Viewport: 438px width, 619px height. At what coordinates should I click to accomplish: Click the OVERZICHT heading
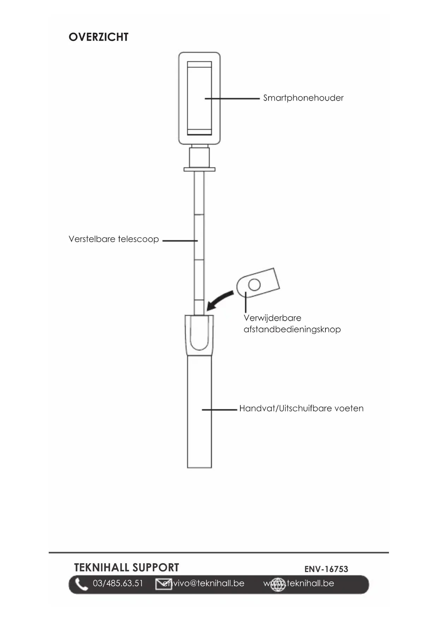point(98,37)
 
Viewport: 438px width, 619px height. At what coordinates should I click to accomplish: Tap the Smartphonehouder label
point(303,98)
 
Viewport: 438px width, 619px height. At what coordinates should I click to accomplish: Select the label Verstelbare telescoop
point(114,239)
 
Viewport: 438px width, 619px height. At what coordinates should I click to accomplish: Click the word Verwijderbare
point(272,318)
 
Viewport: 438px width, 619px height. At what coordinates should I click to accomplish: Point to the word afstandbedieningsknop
point(292,330)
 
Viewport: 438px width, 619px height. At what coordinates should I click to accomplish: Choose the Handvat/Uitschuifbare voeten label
point(301,408)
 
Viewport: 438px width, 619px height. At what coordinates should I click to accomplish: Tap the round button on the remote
point(254,284)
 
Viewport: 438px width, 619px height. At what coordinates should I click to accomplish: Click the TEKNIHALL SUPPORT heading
point(126,567)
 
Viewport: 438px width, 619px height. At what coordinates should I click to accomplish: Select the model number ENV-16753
point(326,569)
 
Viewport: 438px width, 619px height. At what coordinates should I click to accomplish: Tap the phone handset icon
point(81,584)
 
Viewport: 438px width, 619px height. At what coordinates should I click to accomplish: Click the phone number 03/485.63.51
point(118,583)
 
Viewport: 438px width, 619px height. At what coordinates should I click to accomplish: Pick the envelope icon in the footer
point(163,584)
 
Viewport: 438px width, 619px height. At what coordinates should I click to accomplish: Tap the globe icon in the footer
point(278,584)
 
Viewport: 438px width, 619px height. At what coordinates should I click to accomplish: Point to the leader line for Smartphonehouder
point(232,99)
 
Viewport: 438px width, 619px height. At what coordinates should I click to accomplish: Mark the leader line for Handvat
point(219,410)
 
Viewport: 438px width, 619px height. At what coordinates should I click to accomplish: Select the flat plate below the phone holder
point(199,169)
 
